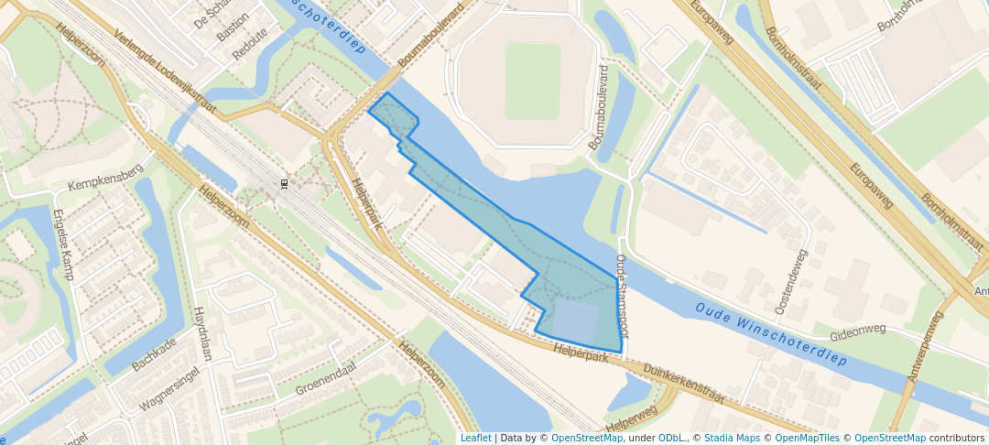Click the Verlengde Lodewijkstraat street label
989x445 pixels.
165,74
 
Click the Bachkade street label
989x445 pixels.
153,353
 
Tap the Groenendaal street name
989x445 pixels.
325,377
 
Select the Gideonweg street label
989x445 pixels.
860,329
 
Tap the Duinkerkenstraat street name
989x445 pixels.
684,383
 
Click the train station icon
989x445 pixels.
285,185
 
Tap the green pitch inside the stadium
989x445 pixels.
532,81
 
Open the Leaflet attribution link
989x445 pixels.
475,438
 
